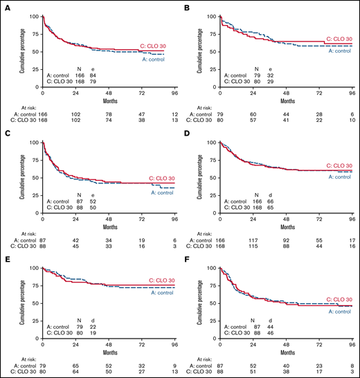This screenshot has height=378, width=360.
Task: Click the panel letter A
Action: coord(5,7)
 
